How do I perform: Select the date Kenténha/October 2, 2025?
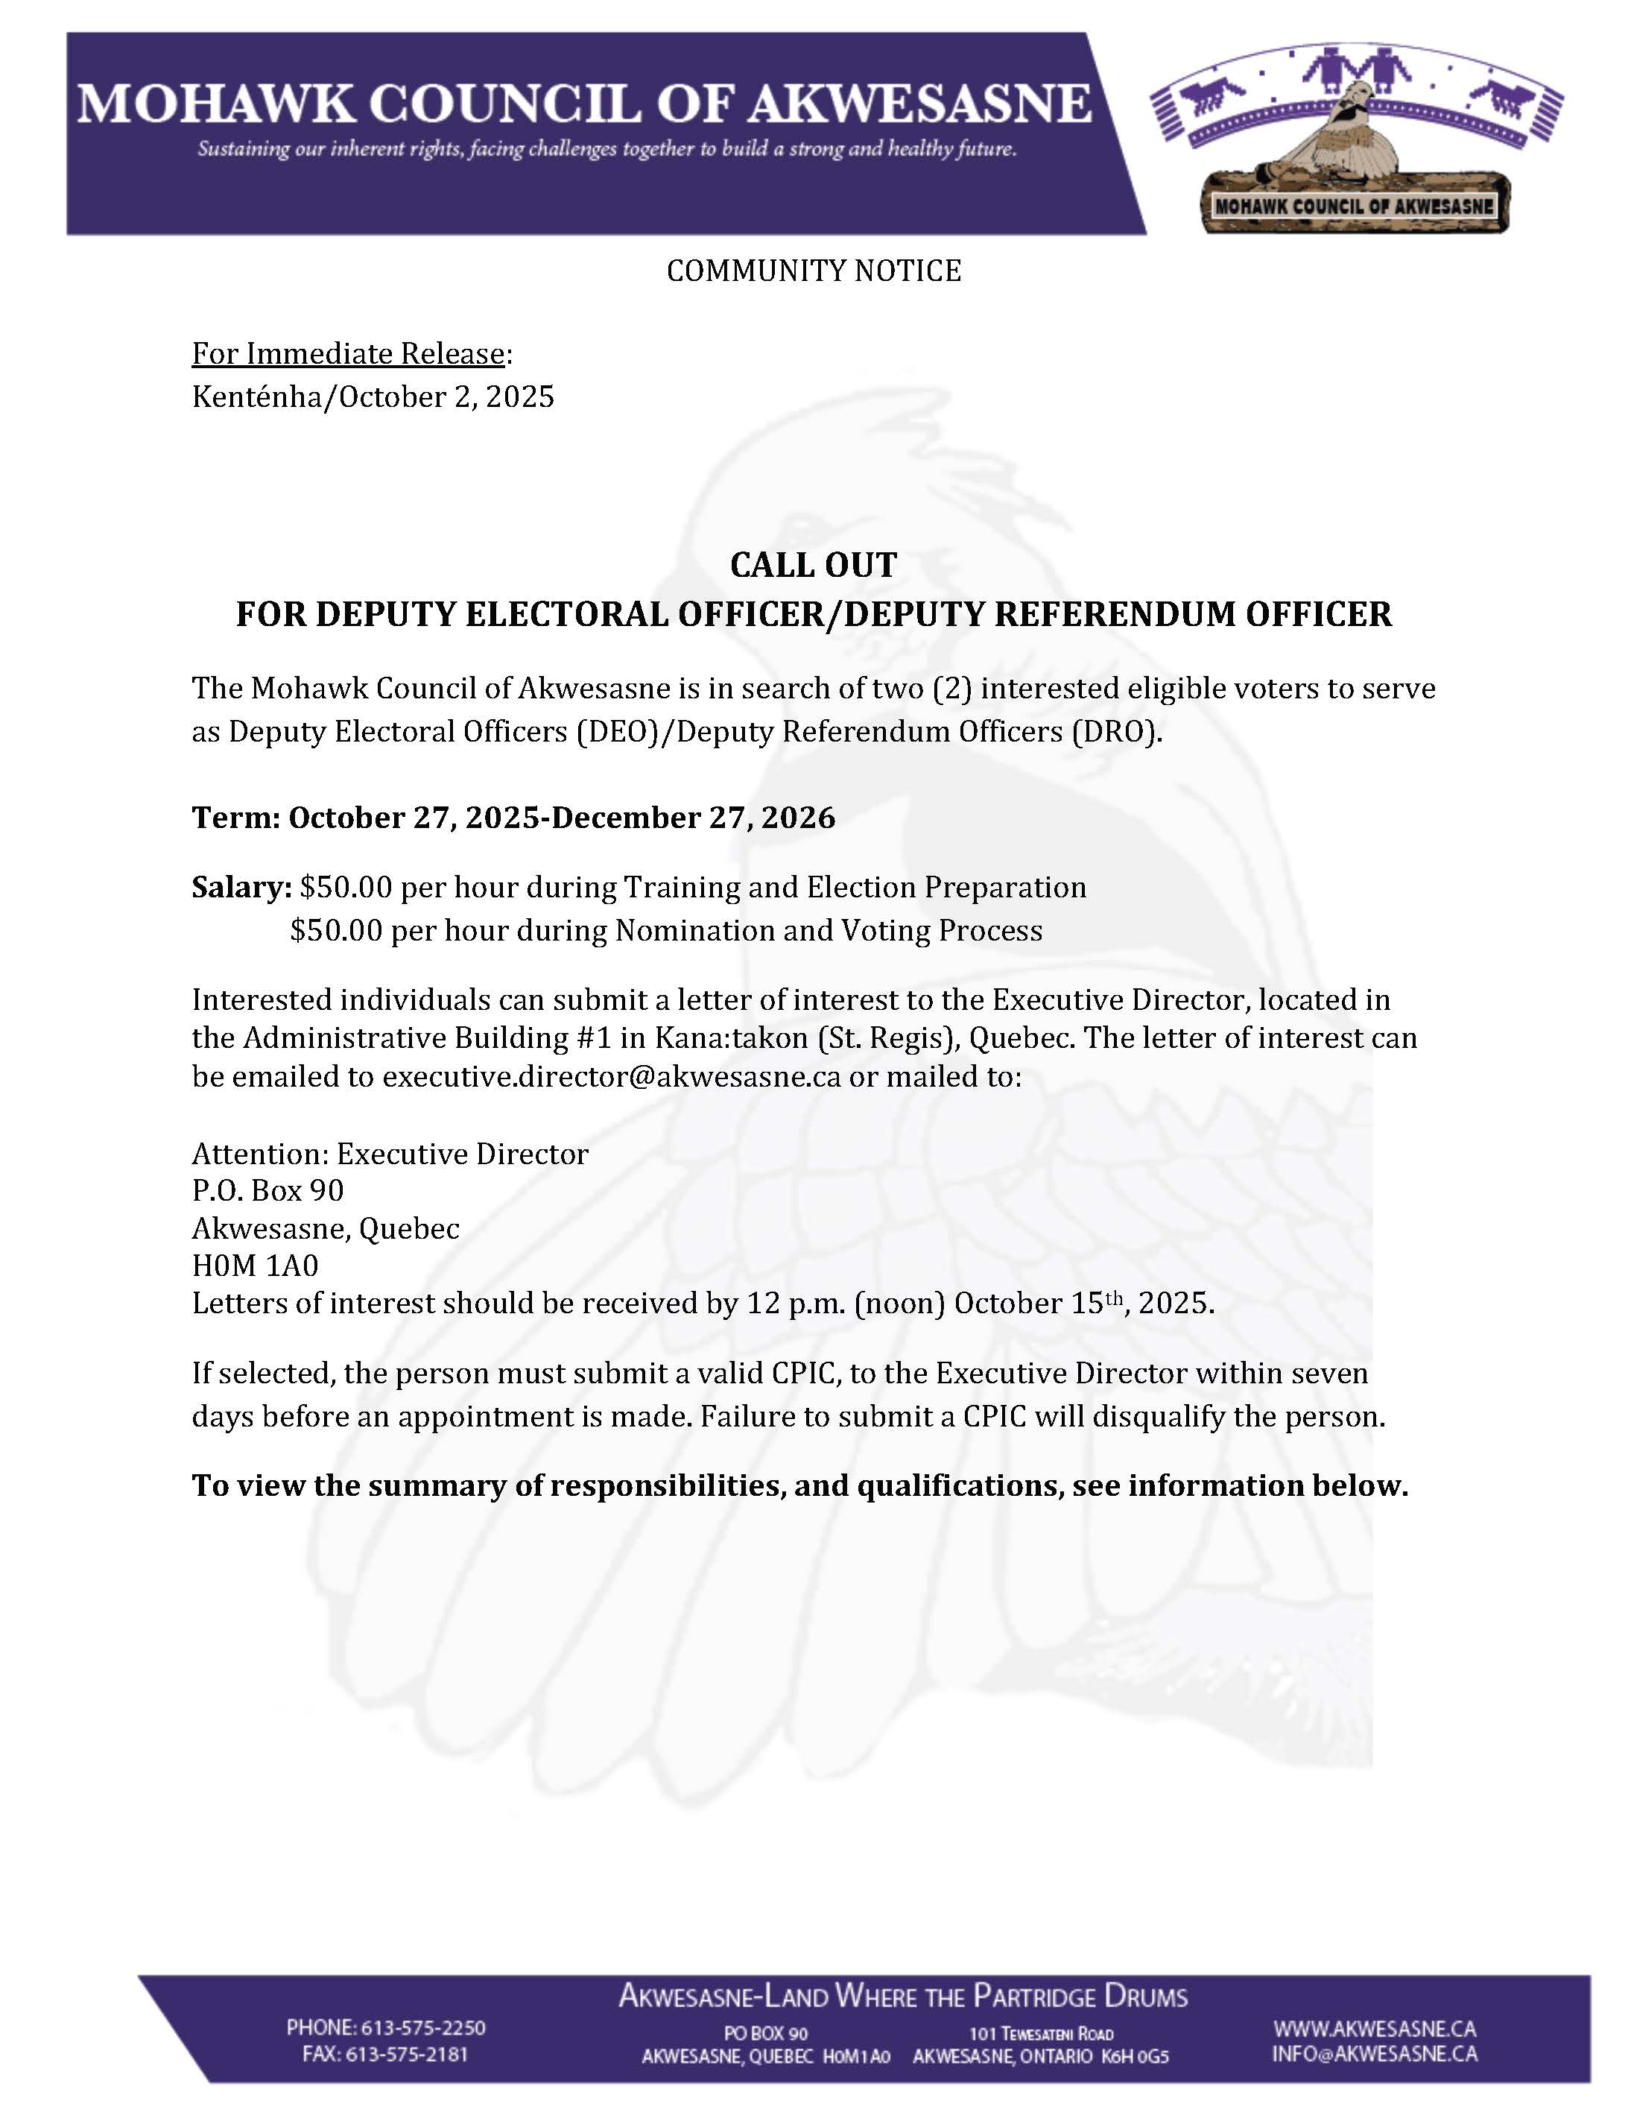point(373,397)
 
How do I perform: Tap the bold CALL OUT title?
point(813,564)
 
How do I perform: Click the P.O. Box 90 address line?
point(267,1190)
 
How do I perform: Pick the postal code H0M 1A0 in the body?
point(255,1265)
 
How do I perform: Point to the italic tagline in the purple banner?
point(606,150)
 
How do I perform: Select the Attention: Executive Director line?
point(390,1154)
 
